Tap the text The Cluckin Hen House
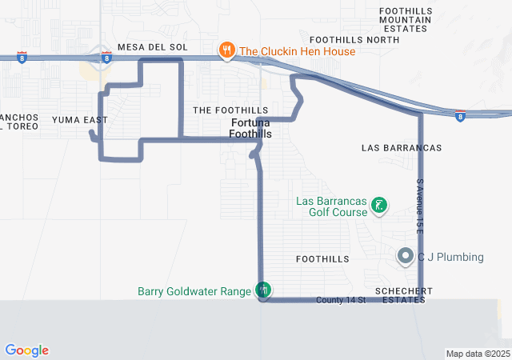[x=297, y=51]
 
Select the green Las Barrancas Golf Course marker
[x=379, y=207]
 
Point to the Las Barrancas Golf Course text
[x=331, y=207]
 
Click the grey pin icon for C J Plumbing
[x=406, y=257]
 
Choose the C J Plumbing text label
[x=450, y=257]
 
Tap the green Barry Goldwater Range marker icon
[x=263, y=290]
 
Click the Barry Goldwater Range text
[x=194, y=291]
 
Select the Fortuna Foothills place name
[x=250, y=129]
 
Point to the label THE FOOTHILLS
[x=230, y=110]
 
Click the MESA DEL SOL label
[x=152, y=47]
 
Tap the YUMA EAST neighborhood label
[x=79, y=120]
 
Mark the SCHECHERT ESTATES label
[x=402, y=294]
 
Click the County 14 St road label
[x=340, y=300]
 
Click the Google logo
[x=26, y=350]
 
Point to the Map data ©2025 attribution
[x=477, y=354]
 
